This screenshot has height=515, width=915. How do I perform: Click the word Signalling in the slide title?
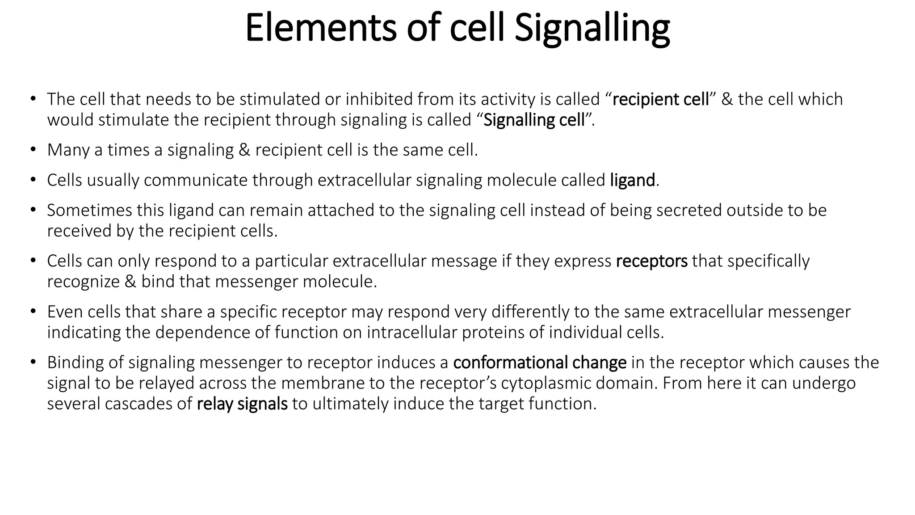pyautogui.click(x=592, y=28)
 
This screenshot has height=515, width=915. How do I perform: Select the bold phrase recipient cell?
pyautogui.click(x=660, y=99)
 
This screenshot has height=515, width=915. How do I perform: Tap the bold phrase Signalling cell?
pyautogui.click(x=534, y=120)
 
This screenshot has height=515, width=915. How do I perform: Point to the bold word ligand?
pyautogui.click(x=632, y=180)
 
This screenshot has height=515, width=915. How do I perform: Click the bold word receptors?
pyautogui.click(x=651, y=261)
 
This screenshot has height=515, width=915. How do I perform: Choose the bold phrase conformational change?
pyautogui.click(x=540, y=363)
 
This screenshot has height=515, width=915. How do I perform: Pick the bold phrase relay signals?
pyautogui.click(x=242, y=404)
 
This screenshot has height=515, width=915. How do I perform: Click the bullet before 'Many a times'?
pyautogui.click(x=33, y=150)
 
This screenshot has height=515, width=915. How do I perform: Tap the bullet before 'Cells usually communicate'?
pyautogui.click(x=33, y=180)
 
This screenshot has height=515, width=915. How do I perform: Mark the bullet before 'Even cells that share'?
pyautogui.click(x=33, y=312)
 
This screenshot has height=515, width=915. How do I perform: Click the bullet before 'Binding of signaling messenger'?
pyautogui.click(x=33, y=363)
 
